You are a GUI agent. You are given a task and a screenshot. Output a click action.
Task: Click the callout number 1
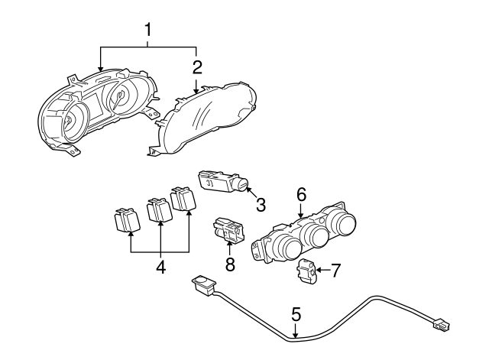(x=149, y=31)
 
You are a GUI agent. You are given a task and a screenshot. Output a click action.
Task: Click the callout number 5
(x=296, y=314)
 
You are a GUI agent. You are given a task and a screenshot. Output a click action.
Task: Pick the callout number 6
(x=301, y=196)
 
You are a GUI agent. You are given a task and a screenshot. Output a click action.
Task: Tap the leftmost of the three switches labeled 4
(x=125, y=220)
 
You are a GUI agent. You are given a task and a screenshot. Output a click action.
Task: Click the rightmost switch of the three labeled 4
(x=183, y=200)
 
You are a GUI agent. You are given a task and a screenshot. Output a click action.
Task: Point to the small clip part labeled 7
(x=307, y=271)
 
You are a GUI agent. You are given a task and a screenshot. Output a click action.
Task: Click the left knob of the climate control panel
(x=289, y=248)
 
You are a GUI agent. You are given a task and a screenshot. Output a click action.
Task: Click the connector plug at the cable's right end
(x=441, y=326)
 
